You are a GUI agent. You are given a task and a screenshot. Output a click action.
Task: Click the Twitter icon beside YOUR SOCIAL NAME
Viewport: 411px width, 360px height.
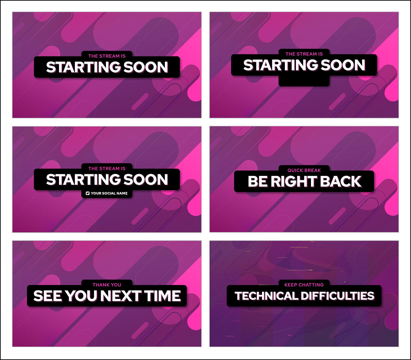point(88,193)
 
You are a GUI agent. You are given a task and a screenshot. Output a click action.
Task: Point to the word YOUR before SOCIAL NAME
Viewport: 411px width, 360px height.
point(96,193)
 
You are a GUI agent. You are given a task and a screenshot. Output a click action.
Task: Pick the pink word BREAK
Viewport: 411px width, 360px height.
point(313,170)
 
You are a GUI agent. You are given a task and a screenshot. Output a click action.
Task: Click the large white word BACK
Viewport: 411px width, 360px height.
point(344,182)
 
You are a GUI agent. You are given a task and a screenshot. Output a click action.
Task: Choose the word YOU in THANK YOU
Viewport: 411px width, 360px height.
point(115,285)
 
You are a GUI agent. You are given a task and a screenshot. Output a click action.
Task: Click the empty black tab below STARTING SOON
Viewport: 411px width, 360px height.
point(304,81)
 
